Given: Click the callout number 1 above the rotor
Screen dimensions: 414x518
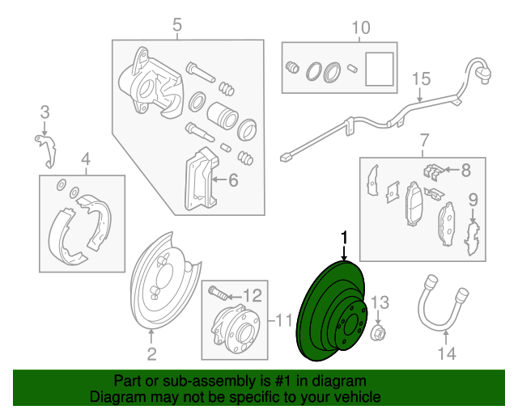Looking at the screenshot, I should pos(344,238).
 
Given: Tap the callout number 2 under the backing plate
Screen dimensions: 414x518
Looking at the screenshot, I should pos(151,353).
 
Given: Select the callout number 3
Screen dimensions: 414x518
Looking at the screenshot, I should pos(45,112).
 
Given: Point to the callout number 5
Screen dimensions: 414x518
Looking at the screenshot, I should pos(177,27).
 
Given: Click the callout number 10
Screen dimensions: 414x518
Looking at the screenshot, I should pos(361,28).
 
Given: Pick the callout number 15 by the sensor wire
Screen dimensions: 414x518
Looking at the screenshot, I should pos(420,79).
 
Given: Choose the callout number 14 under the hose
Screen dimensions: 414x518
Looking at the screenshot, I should pos(447,353).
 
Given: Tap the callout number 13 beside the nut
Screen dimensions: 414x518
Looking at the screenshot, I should pos(380,304).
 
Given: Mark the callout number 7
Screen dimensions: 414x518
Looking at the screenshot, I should pos(422,145).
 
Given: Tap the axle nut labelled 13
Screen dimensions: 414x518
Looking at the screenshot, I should pos(377,332).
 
